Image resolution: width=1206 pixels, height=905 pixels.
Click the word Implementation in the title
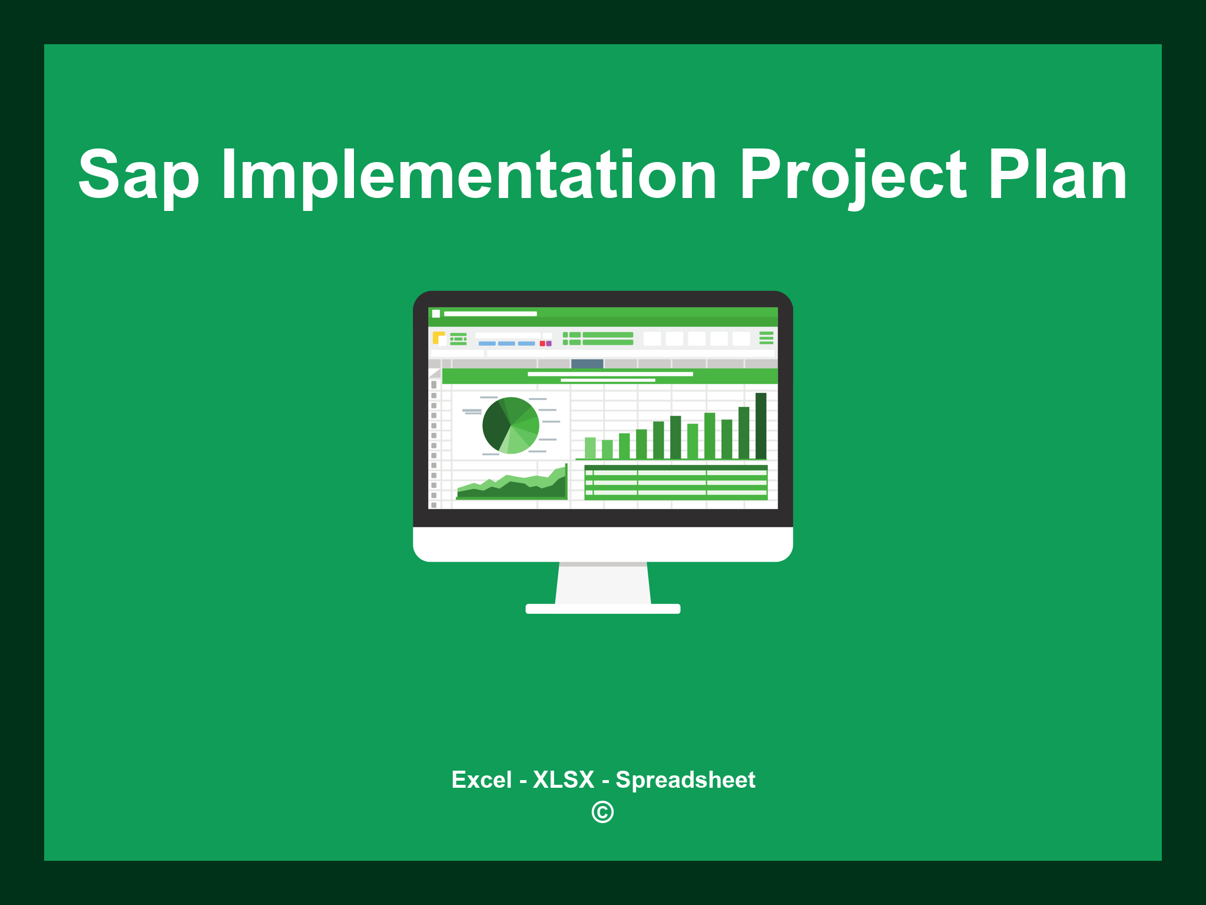click(x=469, y=176)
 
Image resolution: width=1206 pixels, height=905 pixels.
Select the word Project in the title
click(x=853, y=176)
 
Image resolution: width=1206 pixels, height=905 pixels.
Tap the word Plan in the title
click(x=1057, y=176)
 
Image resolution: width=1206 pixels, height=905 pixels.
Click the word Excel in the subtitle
click(x=481, y=780)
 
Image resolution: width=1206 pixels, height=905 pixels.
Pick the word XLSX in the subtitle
click(x=563, y=780)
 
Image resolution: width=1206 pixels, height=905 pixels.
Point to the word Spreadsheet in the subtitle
click(x=685, y=780)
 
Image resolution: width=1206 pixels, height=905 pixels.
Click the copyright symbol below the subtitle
click(x=602, y=812)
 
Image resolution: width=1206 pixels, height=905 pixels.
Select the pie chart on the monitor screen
click(x=511, y=425)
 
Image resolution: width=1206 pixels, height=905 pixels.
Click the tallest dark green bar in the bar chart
click(x=761, y=426)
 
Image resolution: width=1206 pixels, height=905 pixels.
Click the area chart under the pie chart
click(x=511, y=487)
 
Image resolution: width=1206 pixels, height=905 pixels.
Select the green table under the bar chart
click(x=675, y=483)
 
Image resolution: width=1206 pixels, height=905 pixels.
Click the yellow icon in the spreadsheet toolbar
click(x=438, y=338)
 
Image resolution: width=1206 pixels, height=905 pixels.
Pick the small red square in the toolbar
click(x=542, y=343)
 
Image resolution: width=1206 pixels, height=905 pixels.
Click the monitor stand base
click(x=602, y=609)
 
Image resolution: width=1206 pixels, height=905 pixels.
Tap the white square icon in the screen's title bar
click(x=436, y=314)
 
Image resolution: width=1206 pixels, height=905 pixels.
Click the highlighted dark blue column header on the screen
click(x=587, y=364)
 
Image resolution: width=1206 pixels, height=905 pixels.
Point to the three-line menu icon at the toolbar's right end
click(x=766, y=338)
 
